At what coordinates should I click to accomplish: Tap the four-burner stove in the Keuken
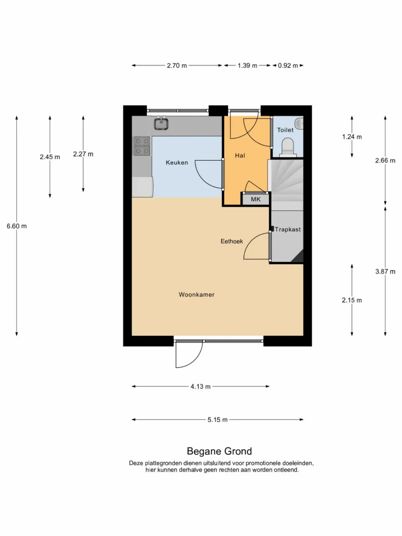pos(142,146)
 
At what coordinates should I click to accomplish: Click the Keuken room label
pos(177,162)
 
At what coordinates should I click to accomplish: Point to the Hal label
pos(240,155)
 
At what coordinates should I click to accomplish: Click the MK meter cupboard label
pos(255,199)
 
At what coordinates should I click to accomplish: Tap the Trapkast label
pos(288,229)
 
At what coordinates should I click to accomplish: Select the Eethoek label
pos(232,241)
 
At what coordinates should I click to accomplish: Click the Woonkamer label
pos(196,294)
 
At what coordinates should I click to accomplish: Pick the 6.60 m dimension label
pos(17,226)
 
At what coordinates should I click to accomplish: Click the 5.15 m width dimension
pos(217,420)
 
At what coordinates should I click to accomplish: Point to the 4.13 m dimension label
pos(201,387)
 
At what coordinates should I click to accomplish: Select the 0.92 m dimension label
pos(288,65)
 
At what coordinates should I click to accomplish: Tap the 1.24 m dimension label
pos(352,137)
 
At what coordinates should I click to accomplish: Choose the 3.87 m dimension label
pos(385,271)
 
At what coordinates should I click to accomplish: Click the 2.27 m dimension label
pos(83,154)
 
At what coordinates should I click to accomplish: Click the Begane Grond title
pos(219,451)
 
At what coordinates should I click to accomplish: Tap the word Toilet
pos(285,130)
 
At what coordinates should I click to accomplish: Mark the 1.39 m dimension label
pos(247,65)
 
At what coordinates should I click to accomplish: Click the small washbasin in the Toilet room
pos(299,123)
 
